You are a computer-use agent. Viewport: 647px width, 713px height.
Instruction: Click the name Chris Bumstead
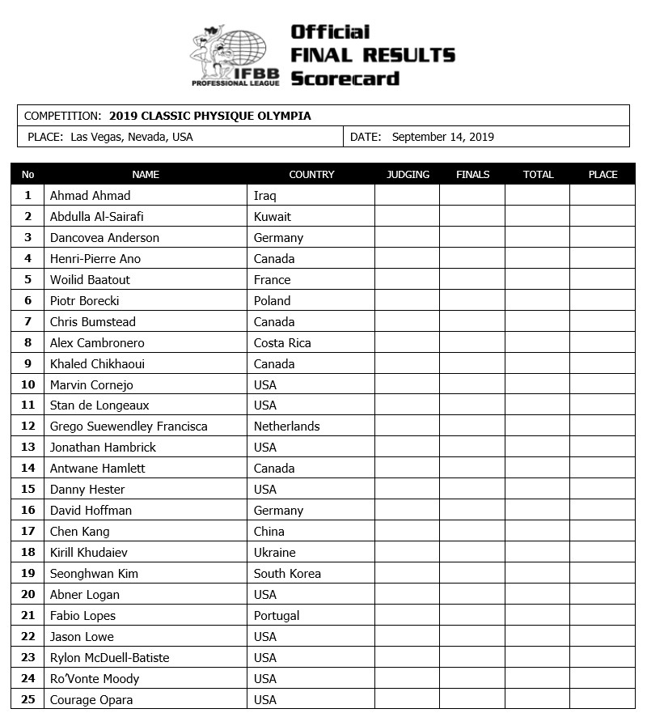(93, 321)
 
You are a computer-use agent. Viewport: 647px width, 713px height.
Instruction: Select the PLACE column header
(603, 174)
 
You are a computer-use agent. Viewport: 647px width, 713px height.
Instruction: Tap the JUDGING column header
(408, 174)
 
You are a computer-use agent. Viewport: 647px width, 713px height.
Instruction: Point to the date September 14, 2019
(442, 137)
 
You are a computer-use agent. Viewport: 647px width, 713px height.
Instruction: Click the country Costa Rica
(282, 342)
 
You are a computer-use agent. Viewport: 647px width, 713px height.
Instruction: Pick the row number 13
(28, 447)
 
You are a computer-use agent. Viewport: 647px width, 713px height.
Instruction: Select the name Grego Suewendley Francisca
(129, 426)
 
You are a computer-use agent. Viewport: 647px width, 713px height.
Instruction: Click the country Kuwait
(273, 216)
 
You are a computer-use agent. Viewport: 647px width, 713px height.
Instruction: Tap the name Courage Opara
(91, 699)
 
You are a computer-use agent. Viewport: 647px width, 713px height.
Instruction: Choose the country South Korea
(287, 573)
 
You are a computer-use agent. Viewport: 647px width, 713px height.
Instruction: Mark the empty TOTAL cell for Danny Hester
(537, 489)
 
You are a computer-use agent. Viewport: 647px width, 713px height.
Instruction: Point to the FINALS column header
(472, 174)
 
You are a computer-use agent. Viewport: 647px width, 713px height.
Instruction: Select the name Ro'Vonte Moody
(95, 678)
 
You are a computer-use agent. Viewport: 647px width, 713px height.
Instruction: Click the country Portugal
(277, 615)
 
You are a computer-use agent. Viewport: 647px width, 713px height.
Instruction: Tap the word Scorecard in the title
(345, 79)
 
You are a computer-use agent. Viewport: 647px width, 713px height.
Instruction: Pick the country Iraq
(265, 195)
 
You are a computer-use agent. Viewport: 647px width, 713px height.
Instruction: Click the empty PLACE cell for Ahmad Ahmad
(603, 195)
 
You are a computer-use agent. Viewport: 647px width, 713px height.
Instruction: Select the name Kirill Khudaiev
(89, 552)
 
